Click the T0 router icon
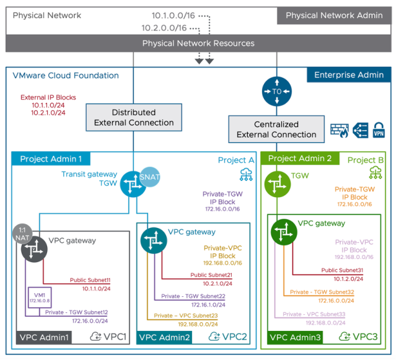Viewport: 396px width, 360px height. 276,90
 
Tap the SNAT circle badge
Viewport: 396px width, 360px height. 150,177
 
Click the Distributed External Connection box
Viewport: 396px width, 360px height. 134,118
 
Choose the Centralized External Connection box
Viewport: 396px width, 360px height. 276,130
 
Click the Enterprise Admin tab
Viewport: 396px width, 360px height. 349,75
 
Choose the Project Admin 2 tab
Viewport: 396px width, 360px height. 300,159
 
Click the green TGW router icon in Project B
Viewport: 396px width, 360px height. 276,184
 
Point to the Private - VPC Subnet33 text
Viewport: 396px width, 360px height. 314,315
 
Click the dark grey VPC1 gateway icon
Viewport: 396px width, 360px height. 33,250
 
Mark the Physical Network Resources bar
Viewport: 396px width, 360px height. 198,43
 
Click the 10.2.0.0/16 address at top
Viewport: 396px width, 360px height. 164,28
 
